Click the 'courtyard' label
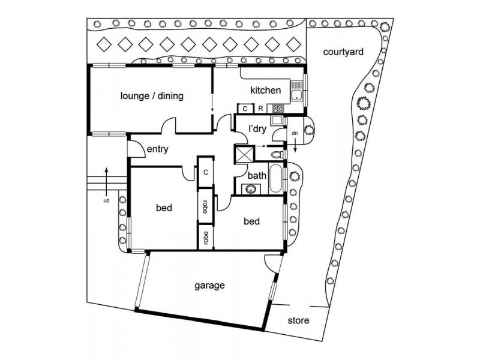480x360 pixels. pyautogui.click(x=343, y=52)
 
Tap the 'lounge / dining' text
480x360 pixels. pyautogui.click(x=152, y=96)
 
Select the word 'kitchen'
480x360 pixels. pyautogui.click(x=265, y=91)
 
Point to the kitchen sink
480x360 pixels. pyautogui.click(x=296, y=91)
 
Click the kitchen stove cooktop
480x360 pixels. pyautogui.click(x=278, y=108)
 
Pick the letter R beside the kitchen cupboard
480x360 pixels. pyautogui.click(x=260, y=109)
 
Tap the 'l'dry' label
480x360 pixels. pyautogui.click(x=257, y=129)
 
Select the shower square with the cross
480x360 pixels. pyautogui.click(x=244, y=154)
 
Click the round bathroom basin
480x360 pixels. pyautogui.click(x=251, y=189)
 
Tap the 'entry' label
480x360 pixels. pyautogui.click(x=158, y=149)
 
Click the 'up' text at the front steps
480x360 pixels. pyautogui.click(x=106, y=201)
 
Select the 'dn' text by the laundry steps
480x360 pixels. pyautogui.click(x=295, y=133)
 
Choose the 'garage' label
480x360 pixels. pyautogui.click(x=209, y=286)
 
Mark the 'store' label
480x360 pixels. pyautogui.click(x=298, y=320)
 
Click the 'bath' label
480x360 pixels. pyautogui.click(x=257, y=176)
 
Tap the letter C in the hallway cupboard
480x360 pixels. pyautogui.click(x=205, y=172)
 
